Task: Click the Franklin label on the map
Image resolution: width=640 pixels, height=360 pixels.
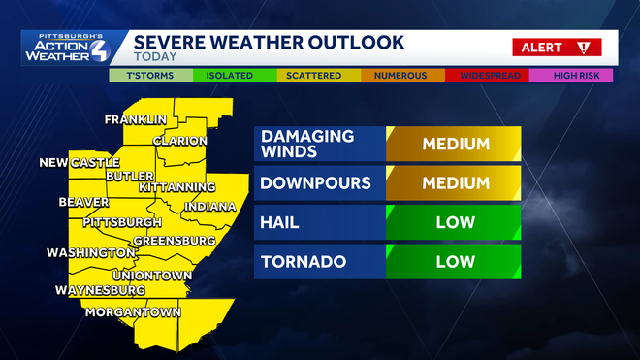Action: click(136, 120)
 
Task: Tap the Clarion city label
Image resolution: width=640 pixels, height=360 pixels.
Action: click(179, 141)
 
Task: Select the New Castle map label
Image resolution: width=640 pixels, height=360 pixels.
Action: click(80, 162)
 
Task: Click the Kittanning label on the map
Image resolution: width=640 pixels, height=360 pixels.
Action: click(177, 186)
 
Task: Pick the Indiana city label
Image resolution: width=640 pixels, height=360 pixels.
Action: click(208, 207)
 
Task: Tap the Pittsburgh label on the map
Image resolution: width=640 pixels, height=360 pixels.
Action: click(122, 222)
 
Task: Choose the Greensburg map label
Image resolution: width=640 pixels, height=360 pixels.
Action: click(174, 240)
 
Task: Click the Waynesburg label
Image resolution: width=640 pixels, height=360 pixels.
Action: click(100, 290)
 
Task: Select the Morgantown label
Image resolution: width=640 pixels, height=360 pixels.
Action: click(134, 312)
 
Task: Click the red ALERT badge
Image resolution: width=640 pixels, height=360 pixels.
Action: click(557, 47)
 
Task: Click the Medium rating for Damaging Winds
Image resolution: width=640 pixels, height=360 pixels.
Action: click(454, 145)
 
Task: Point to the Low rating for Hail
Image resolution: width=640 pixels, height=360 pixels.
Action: click(454, 223)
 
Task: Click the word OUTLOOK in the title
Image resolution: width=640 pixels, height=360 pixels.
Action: click(351, 42)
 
